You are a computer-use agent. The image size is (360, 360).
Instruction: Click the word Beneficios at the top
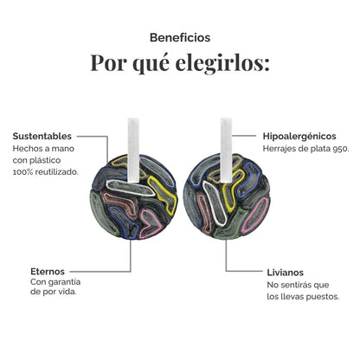point(180,38)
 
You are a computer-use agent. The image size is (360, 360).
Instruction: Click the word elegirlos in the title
point(222,63)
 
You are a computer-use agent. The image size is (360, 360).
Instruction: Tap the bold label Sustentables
point(42,136)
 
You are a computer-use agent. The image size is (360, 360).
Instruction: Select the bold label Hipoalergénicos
point(299,136)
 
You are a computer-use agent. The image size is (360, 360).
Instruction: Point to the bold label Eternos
point(48,272)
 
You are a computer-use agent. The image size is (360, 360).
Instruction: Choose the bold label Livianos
point(286,273)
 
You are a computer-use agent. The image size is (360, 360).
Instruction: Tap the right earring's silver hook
point(226,150)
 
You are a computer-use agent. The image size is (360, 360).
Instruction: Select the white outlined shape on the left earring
point(130,188)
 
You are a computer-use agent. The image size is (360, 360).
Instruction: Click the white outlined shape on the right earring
point(214,202)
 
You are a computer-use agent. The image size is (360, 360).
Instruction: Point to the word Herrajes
point(278,149)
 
